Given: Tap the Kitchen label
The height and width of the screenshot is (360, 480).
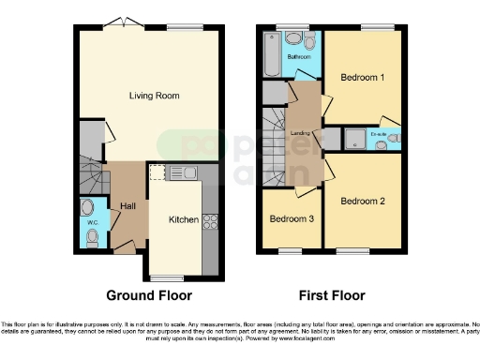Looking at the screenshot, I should (183, 219).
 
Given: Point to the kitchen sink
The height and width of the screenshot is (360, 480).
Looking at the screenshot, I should (182, 172).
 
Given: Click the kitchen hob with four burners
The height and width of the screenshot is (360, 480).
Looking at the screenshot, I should (211, 222).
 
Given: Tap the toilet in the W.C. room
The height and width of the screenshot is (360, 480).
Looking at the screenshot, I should (91, 238).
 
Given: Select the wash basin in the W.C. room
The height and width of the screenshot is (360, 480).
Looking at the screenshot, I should (88, 208).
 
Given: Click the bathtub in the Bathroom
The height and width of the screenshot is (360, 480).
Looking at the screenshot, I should (272, 54).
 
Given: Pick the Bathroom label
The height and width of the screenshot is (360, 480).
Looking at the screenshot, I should (299, 57).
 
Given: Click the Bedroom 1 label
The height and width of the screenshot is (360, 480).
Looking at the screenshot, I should (361, 77).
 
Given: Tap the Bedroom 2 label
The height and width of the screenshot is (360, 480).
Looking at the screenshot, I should (362, 201).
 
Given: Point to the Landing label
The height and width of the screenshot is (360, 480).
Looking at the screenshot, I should (300, 133).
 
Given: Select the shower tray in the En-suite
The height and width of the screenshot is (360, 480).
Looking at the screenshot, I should (357, 140).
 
